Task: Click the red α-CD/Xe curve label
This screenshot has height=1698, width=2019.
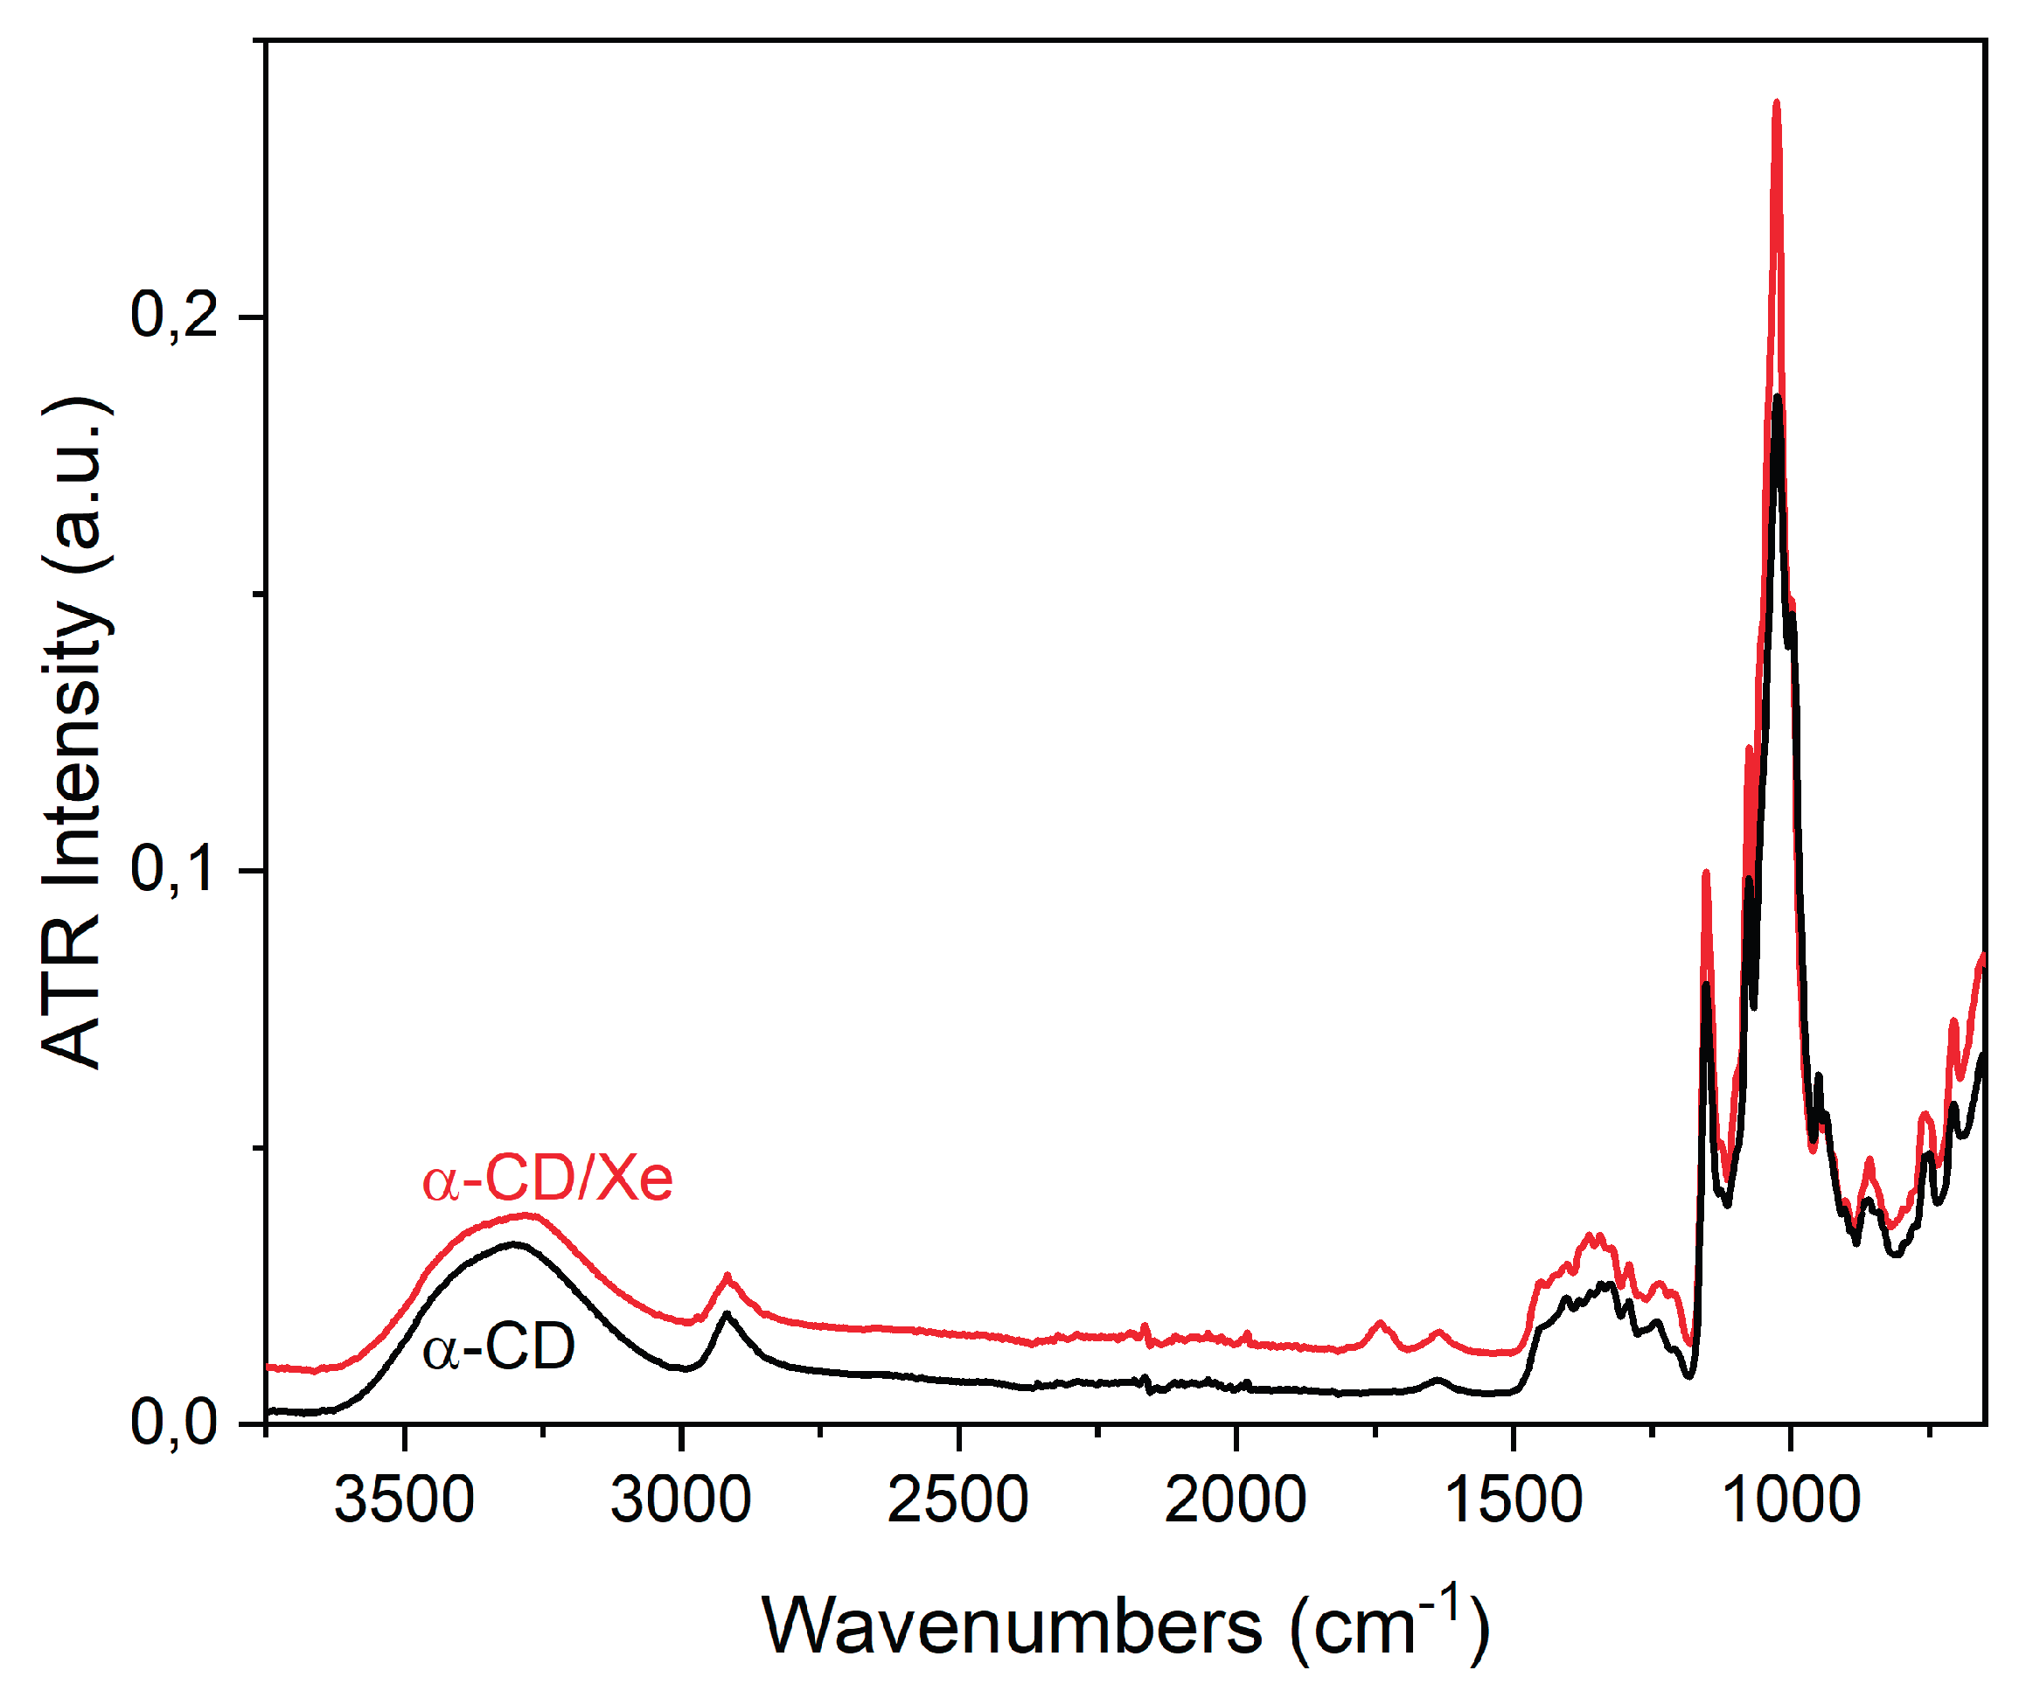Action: [x=547, y=1180]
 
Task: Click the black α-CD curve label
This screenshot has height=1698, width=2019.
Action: [x=498, y=1347]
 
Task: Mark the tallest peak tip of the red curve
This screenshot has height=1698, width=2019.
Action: [x=1777, y=101]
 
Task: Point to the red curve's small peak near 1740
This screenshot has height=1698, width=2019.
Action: [x=1381, y=1323]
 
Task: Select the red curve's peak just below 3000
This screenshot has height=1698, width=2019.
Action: [x=728, y=1276]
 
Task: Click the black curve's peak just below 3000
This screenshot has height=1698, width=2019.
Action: [x=726, y=1313]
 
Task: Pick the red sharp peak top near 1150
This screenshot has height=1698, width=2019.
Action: [x=1706, y=872]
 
